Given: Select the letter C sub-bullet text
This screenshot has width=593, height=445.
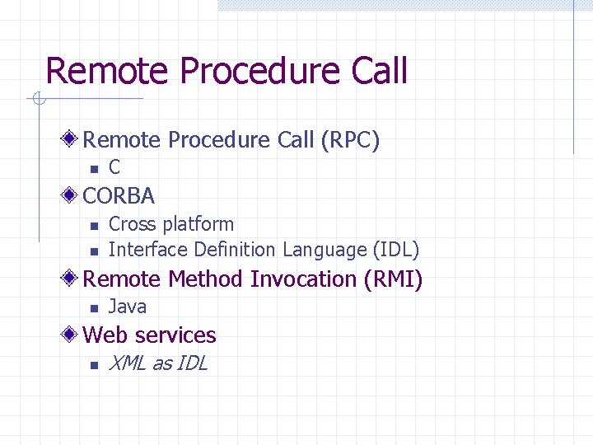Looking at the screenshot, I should pyautogui.click(x=114, y=167).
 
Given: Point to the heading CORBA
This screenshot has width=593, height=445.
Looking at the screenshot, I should pyautogui.click(x=119, y=196).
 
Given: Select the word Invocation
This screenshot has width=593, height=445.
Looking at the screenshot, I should pyautogui.click(x=304, y=279).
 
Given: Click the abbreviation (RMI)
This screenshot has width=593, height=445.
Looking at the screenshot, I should pyautogui.click(x=393, y=279).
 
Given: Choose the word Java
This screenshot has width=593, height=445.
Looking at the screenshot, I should pyautogui.click(x=128, y=307).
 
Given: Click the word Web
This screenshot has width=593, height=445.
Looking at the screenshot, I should pyautogui.click(x=102, y=335).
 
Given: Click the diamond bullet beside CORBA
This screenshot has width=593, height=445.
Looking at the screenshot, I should pyautogui.click(x=72, y=195).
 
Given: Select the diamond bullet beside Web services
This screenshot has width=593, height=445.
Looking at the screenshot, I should pyautogui.click(x=72, y=335).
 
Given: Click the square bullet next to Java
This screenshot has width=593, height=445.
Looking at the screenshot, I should pyautogui.click(x=94, y=308).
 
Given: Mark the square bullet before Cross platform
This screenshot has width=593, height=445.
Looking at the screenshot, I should pyautogui.click(x=94, y=225).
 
